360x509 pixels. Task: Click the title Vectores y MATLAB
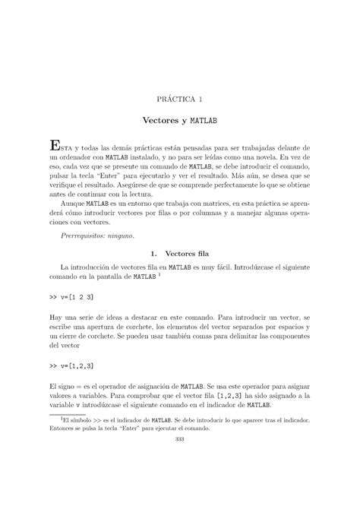pos(180,121)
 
